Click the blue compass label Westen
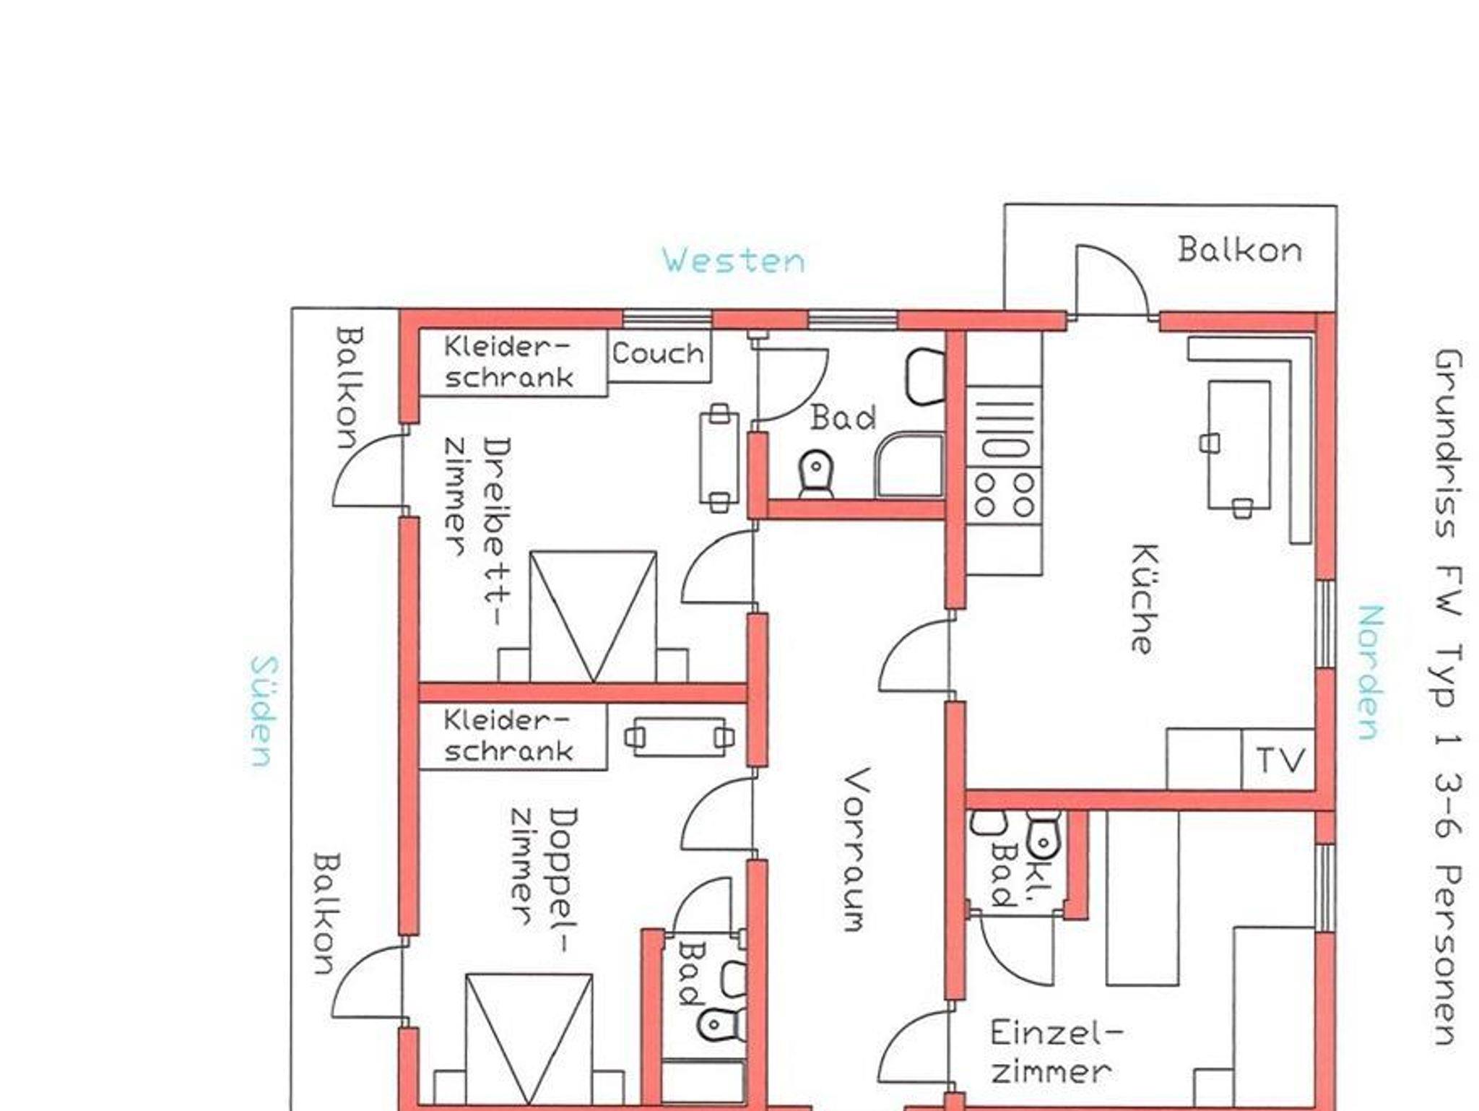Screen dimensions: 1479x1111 point(734,260)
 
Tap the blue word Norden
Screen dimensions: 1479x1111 point(1370,673)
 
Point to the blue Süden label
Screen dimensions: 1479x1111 point(261,712)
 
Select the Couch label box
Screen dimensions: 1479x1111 point(659,355)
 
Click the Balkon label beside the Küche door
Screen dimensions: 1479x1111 point(1240,250)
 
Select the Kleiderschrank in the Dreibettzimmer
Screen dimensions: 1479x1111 point(512,362)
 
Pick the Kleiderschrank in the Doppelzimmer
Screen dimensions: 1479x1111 point(512,737)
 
